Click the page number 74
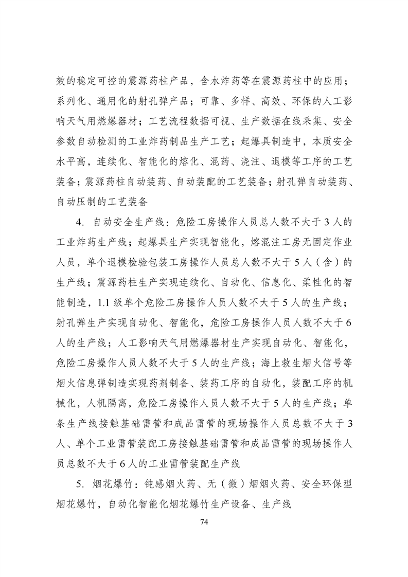tap(204, 521)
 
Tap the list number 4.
tap(79, 223)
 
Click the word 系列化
tap(71, 102)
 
